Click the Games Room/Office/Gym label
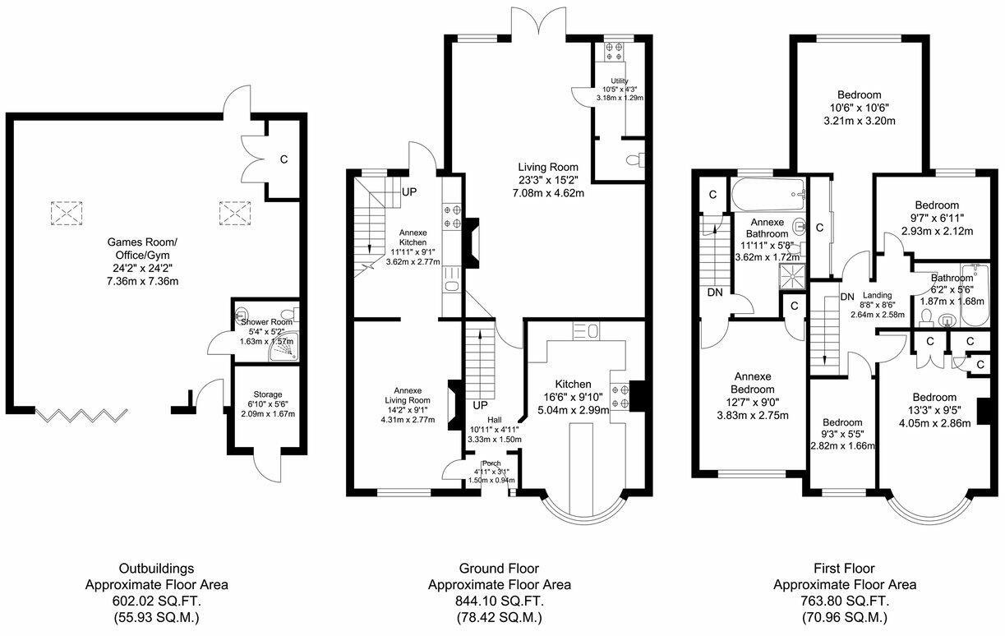coord(142,248)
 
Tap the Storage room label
coord(268,394)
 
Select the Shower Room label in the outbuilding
coord(266,322)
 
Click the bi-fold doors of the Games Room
coord(81,415)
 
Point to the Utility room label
coord(619,81)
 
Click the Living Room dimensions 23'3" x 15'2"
coord(548,180)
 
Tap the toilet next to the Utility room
coord(635,159)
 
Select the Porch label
coord(491,463)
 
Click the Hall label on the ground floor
coord(495,420)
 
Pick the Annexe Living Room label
coord(408,395)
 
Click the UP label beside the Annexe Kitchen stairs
coord(409,192)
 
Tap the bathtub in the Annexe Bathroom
coord(768,195)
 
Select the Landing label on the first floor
coord(877,295)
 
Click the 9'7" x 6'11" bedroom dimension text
coord(937,218)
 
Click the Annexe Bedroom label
coord(753,383)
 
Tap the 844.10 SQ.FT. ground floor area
coord(500,601)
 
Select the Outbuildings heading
coord(157,569)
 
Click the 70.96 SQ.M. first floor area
coord(845,618)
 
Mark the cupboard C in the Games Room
coord(284,159)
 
